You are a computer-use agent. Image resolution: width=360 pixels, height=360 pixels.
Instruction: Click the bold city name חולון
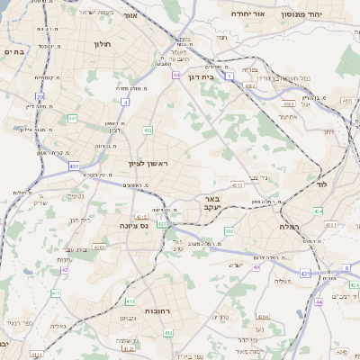coord(101,42)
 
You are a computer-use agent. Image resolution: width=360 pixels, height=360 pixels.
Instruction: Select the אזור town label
coord(130,16)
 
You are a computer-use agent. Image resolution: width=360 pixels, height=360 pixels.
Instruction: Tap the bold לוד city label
coord(321,184)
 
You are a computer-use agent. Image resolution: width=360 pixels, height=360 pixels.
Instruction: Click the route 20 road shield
coord(40,96)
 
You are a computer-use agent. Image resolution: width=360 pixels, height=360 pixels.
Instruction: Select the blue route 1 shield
coord(229,78)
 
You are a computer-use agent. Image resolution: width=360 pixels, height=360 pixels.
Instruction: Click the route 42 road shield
coord(64,269)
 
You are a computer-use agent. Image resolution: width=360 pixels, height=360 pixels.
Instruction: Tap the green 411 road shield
coord(56,293)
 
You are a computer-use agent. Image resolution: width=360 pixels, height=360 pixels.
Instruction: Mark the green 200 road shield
coord(229,232)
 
